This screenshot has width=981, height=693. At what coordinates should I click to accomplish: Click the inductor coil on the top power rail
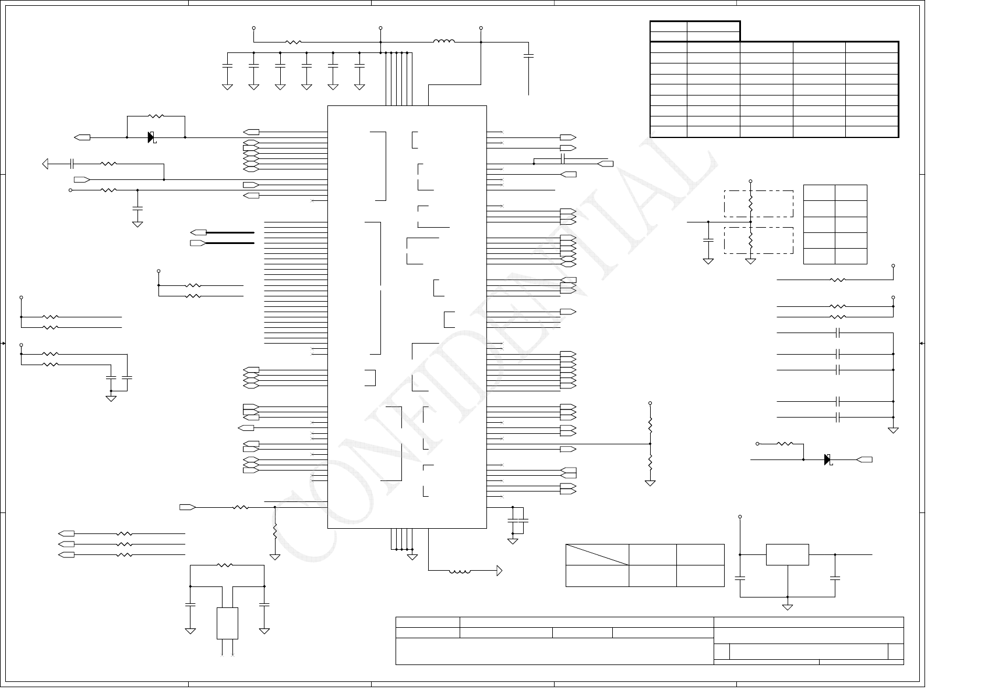(x=444, y=41)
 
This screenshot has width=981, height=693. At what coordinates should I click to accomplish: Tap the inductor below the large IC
(x=460, y=571)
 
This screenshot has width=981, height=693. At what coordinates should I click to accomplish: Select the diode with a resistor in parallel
(x=151, y=137)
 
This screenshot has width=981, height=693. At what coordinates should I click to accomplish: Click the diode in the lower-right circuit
(x=828, y=459)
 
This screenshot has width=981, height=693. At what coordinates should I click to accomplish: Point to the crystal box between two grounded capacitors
(x=227, y=623)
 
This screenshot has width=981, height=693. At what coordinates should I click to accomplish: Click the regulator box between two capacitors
(x=787, y=554)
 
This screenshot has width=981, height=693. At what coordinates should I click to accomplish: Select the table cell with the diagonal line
(x=597, y=554)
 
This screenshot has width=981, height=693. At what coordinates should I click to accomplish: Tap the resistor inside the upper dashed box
(x=751, y=203)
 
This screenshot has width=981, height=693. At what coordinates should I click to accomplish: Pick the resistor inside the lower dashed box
(x=751, y=240)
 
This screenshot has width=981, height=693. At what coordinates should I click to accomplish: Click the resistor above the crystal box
(x=224, y=565)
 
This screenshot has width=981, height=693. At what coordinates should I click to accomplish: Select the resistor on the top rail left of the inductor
(x=294, y=42)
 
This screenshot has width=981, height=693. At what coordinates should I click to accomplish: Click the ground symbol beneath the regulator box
(x=787, y=607)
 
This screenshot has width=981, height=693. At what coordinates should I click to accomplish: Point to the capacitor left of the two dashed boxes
(x=708, y=240)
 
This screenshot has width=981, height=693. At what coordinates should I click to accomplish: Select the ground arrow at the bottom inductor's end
(x=499, y=571)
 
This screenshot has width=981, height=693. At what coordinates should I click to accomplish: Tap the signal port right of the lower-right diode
(x=865, y=459)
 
